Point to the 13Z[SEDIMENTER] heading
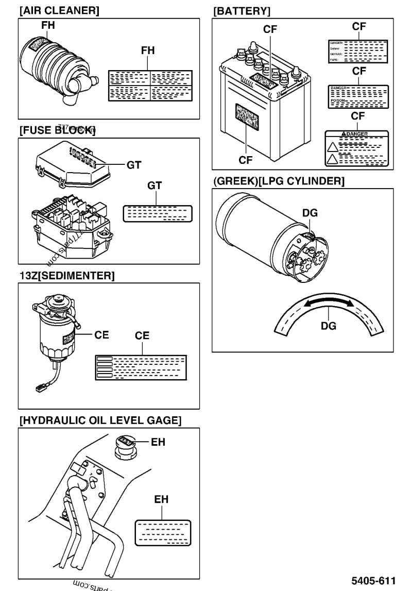pyautogui.click(x=66, y=276)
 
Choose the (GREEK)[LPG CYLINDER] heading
pyautogui.click(x=278, y=181)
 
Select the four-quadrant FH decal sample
pyautogui.click(x=150, y=85)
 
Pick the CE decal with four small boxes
pyautogui.click(x=141, y=368)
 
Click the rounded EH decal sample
pyautogui.click(x=162, y=532)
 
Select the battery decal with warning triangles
pyautogui.click(x=357, y=147)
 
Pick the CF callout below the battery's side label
pyautogui.click(x=248, y=160)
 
